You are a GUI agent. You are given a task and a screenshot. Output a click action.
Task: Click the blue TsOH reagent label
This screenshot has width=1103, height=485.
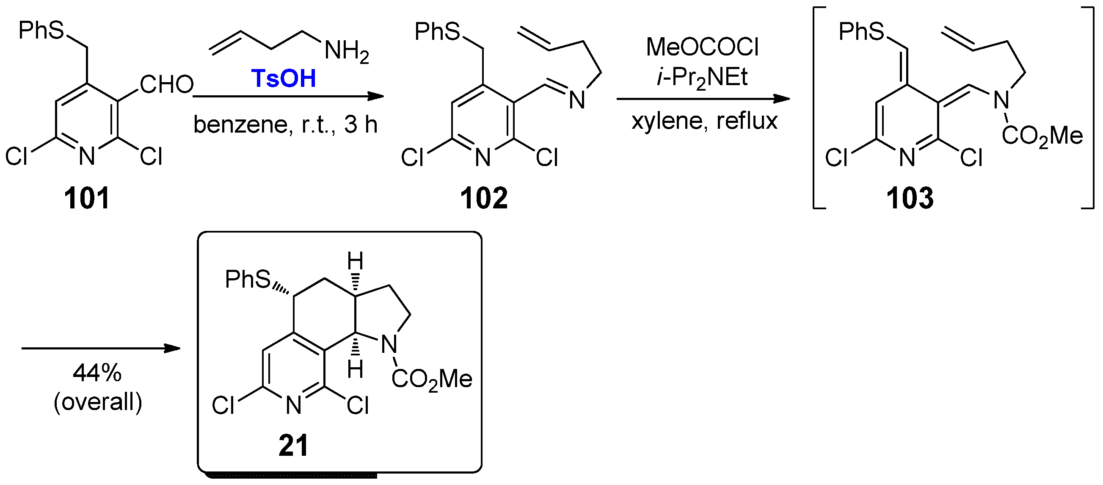(283, 78)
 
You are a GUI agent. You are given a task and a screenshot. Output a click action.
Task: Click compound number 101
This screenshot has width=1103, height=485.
(86, 198)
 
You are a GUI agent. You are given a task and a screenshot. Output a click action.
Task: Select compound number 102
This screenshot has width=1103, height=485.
(483, 198)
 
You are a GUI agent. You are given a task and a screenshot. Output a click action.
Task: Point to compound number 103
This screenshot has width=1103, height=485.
(910, 198)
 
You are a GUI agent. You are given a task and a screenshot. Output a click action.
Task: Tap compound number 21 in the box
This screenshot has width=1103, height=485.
(293, 446)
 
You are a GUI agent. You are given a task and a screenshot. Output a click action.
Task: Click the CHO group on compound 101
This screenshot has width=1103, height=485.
(167, 84)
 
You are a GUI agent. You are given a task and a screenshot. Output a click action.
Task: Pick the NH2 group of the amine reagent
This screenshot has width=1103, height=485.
(346, 51)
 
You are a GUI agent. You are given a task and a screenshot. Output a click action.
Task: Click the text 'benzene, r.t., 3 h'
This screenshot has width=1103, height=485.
(285, 125)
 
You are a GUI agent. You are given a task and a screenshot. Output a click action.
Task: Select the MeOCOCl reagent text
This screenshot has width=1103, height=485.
(702, 47)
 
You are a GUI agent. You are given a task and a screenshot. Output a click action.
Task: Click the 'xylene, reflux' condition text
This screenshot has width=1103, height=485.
(704, 121)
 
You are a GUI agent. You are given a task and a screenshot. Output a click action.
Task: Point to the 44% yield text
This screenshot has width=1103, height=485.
(97, 373)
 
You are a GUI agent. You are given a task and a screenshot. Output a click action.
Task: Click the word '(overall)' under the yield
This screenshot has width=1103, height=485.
(98, 402)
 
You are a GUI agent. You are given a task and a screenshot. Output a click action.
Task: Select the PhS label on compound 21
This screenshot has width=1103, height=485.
(248, 279)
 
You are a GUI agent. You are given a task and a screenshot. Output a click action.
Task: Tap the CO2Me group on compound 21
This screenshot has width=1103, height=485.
(432, 379)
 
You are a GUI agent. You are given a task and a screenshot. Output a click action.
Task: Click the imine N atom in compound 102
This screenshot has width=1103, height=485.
(577, 101)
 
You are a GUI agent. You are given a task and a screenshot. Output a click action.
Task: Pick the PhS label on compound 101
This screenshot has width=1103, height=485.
(41, 30)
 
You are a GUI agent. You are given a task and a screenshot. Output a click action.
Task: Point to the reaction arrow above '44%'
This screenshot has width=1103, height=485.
(101, 348)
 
